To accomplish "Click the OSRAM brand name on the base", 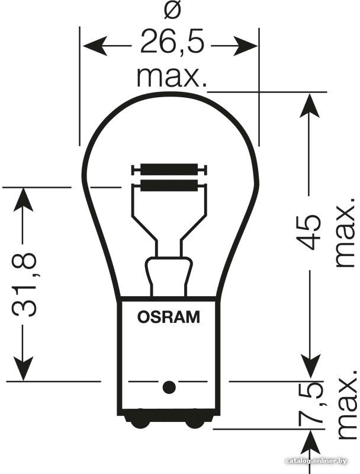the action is click(x=169, y=317).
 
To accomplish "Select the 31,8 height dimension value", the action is click(x=24, y=285).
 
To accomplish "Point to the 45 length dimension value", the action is click(x=308, y=232).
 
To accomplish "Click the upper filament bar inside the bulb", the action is click(x=169, y=169).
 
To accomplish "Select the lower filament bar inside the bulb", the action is click(x=169, y=185).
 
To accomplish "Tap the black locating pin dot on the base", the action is click(x=169, y=387).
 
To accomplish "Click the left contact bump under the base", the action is click(x=137, y=421).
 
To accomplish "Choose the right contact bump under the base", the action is click(x=196, y=421).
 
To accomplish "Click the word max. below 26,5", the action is click(x=172, y=78).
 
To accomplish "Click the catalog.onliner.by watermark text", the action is click(x=316, y=461).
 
